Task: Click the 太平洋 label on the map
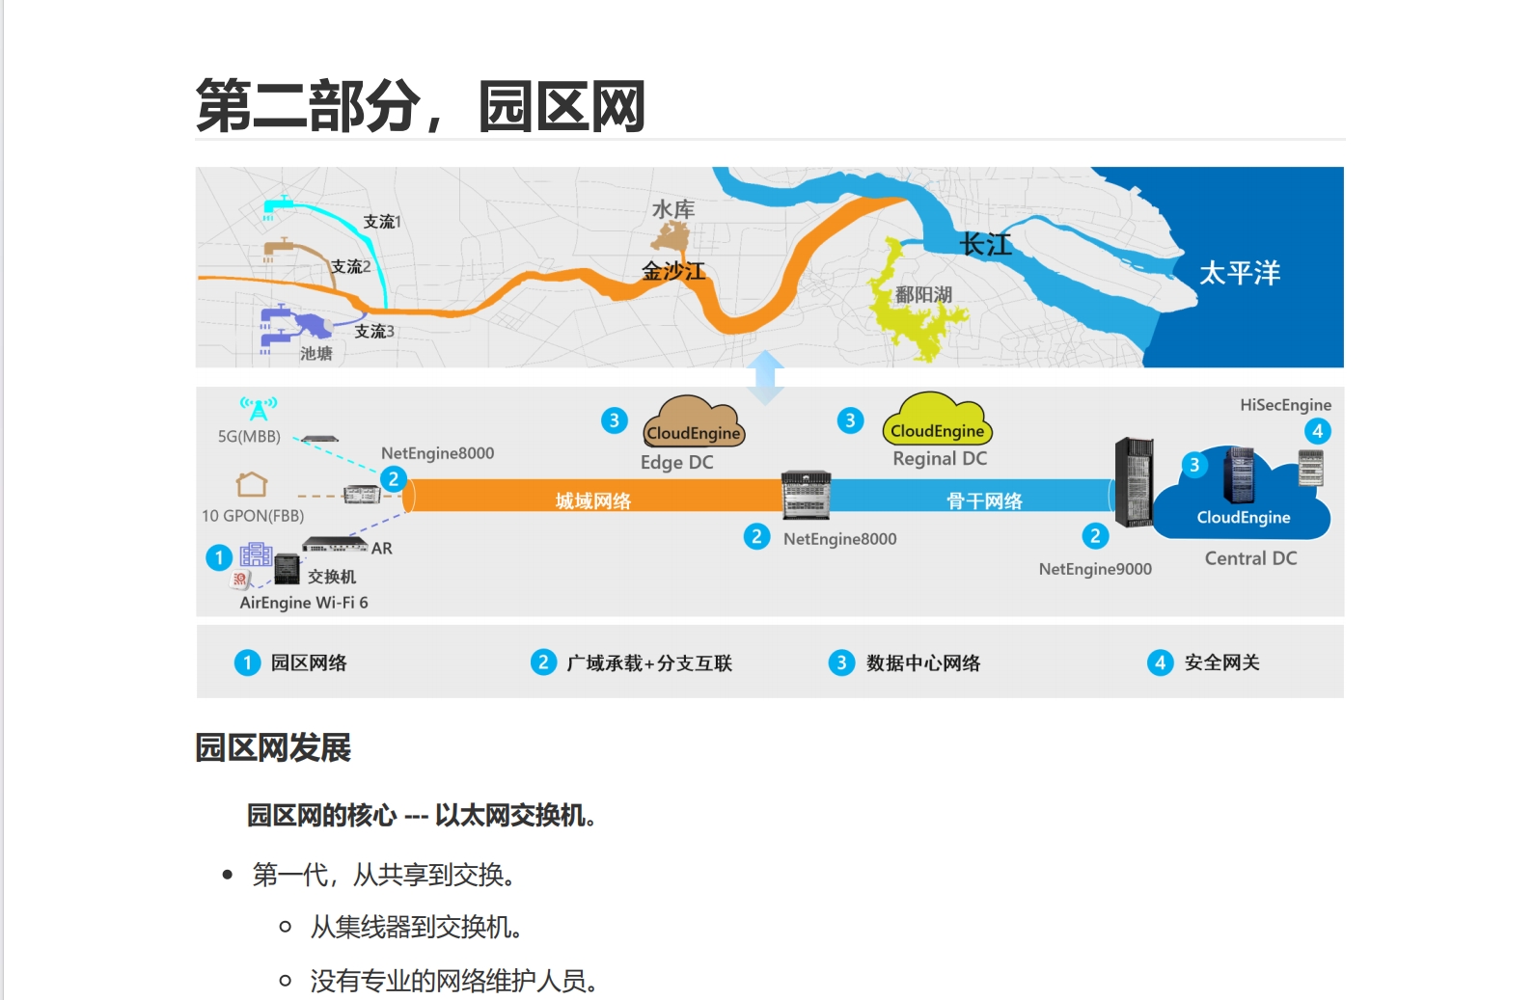coord(1239,273)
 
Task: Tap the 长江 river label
coord(985,245)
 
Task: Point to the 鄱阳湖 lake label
coord(923,294)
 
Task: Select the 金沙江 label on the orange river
coord(673,272)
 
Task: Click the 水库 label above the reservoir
coord(673,209)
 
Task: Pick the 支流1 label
coord(381,222)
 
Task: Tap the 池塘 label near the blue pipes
coord(316,353)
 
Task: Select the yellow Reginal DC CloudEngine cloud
coord(937,420)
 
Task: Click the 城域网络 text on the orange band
coord(593,500)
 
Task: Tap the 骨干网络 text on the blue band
coord(984,500)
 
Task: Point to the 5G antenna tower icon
coord(259,408)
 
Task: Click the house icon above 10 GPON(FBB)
coord(252,483)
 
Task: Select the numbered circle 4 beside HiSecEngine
coord(1317,431)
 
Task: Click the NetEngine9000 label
coord(1095,569)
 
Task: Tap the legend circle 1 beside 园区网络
coord(247,662)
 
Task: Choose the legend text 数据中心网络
coord(922,662)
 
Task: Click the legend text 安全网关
coord(1221,662)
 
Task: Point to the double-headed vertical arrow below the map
coord(766,376)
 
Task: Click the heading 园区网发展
coord(273,747)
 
